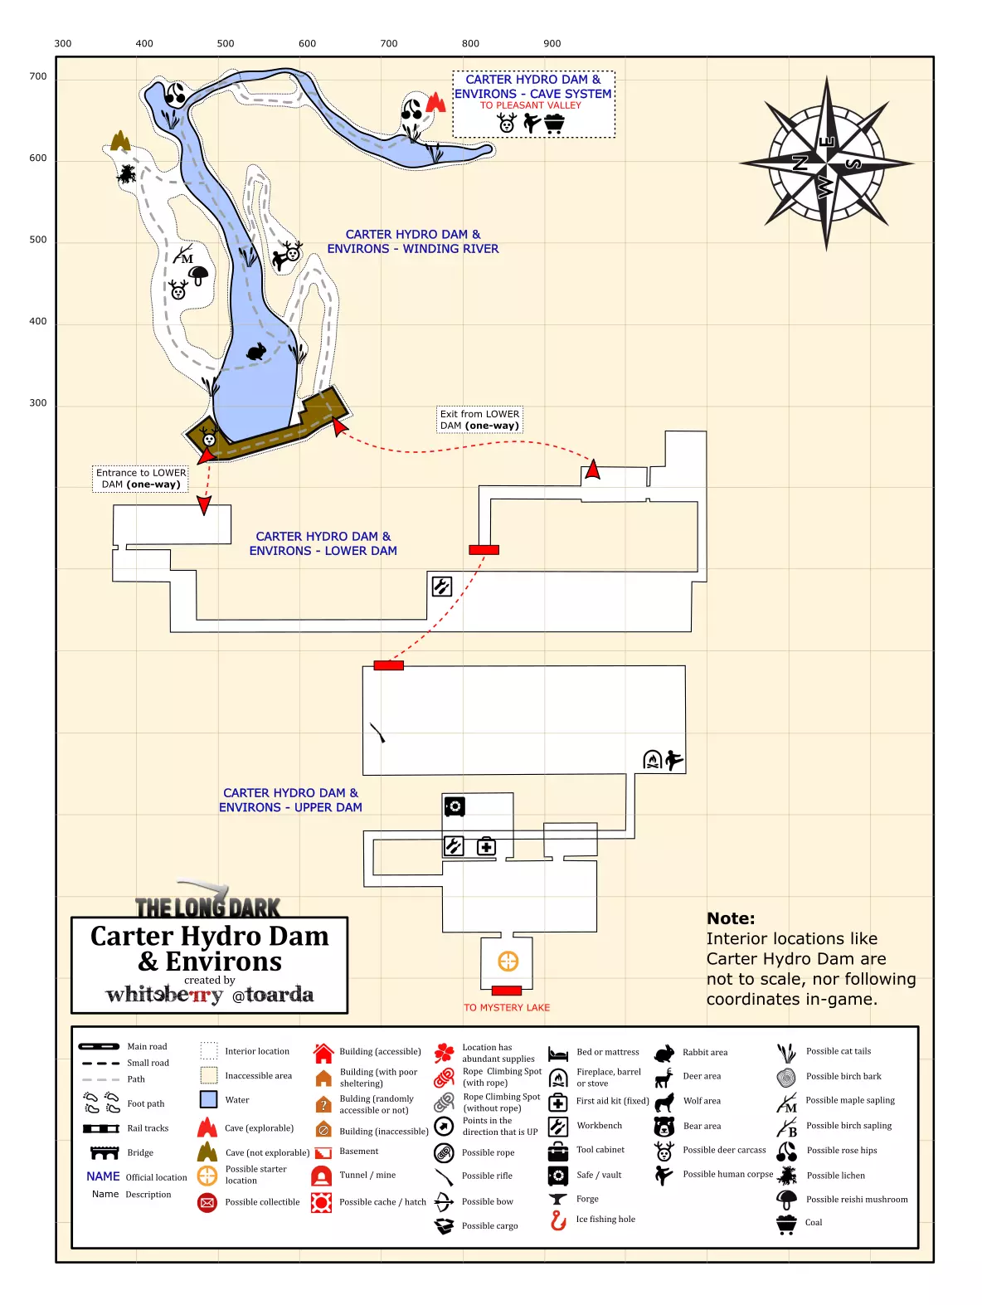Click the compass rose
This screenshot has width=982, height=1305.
(x=826, y=163)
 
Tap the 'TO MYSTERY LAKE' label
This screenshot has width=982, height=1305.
(x=507, y=1007)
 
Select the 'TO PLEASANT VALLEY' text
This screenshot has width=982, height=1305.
(x=531, y=105)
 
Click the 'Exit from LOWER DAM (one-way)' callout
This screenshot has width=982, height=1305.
(x=479, y=420)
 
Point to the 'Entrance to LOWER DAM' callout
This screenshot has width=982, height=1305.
(x=141, y=479)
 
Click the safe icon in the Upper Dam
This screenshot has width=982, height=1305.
(x=455, y=806)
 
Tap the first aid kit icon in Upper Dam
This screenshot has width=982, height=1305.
(x=486, y=846)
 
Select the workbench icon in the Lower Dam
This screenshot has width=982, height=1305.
(x=442, y=587)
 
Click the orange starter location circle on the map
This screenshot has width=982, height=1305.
(x=508, y=961)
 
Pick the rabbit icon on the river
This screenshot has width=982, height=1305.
(x=257, y=352)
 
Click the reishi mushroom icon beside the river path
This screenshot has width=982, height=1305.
(x=199, y=275)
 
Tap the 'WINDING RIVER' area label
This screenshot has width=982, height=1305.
(x=413, y=241)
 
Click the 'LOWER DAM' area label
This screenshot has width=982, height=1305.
(x=323, y=543)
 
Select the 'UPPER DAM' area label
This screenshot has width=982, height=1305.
(x=290, y=800)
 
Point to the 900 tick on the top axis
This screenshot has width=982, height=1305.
(x=552, y=44)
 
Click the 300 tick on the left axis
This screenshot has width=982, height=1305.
(x=38, y=403)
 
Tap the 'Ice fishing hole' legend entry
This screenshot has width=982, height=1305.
(x=605, y=1220)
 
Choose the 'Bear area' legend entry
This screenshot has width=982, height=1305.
(x=702, y=1126)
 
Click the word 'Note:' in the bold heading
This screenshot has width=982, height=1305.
(x=731, y=918)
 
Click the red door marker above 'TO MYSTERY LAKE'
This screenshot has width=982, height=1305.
(x=506, y=991)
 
